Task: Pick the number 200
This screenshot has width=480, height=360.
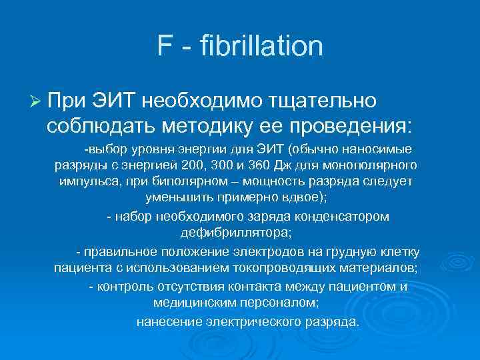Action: (x=181, y=164)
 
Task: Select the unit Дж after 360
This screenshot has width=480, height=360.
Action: (x=271, y=164)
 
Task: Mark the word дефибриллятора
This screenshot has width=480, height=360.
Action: (x=235, y=233)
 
